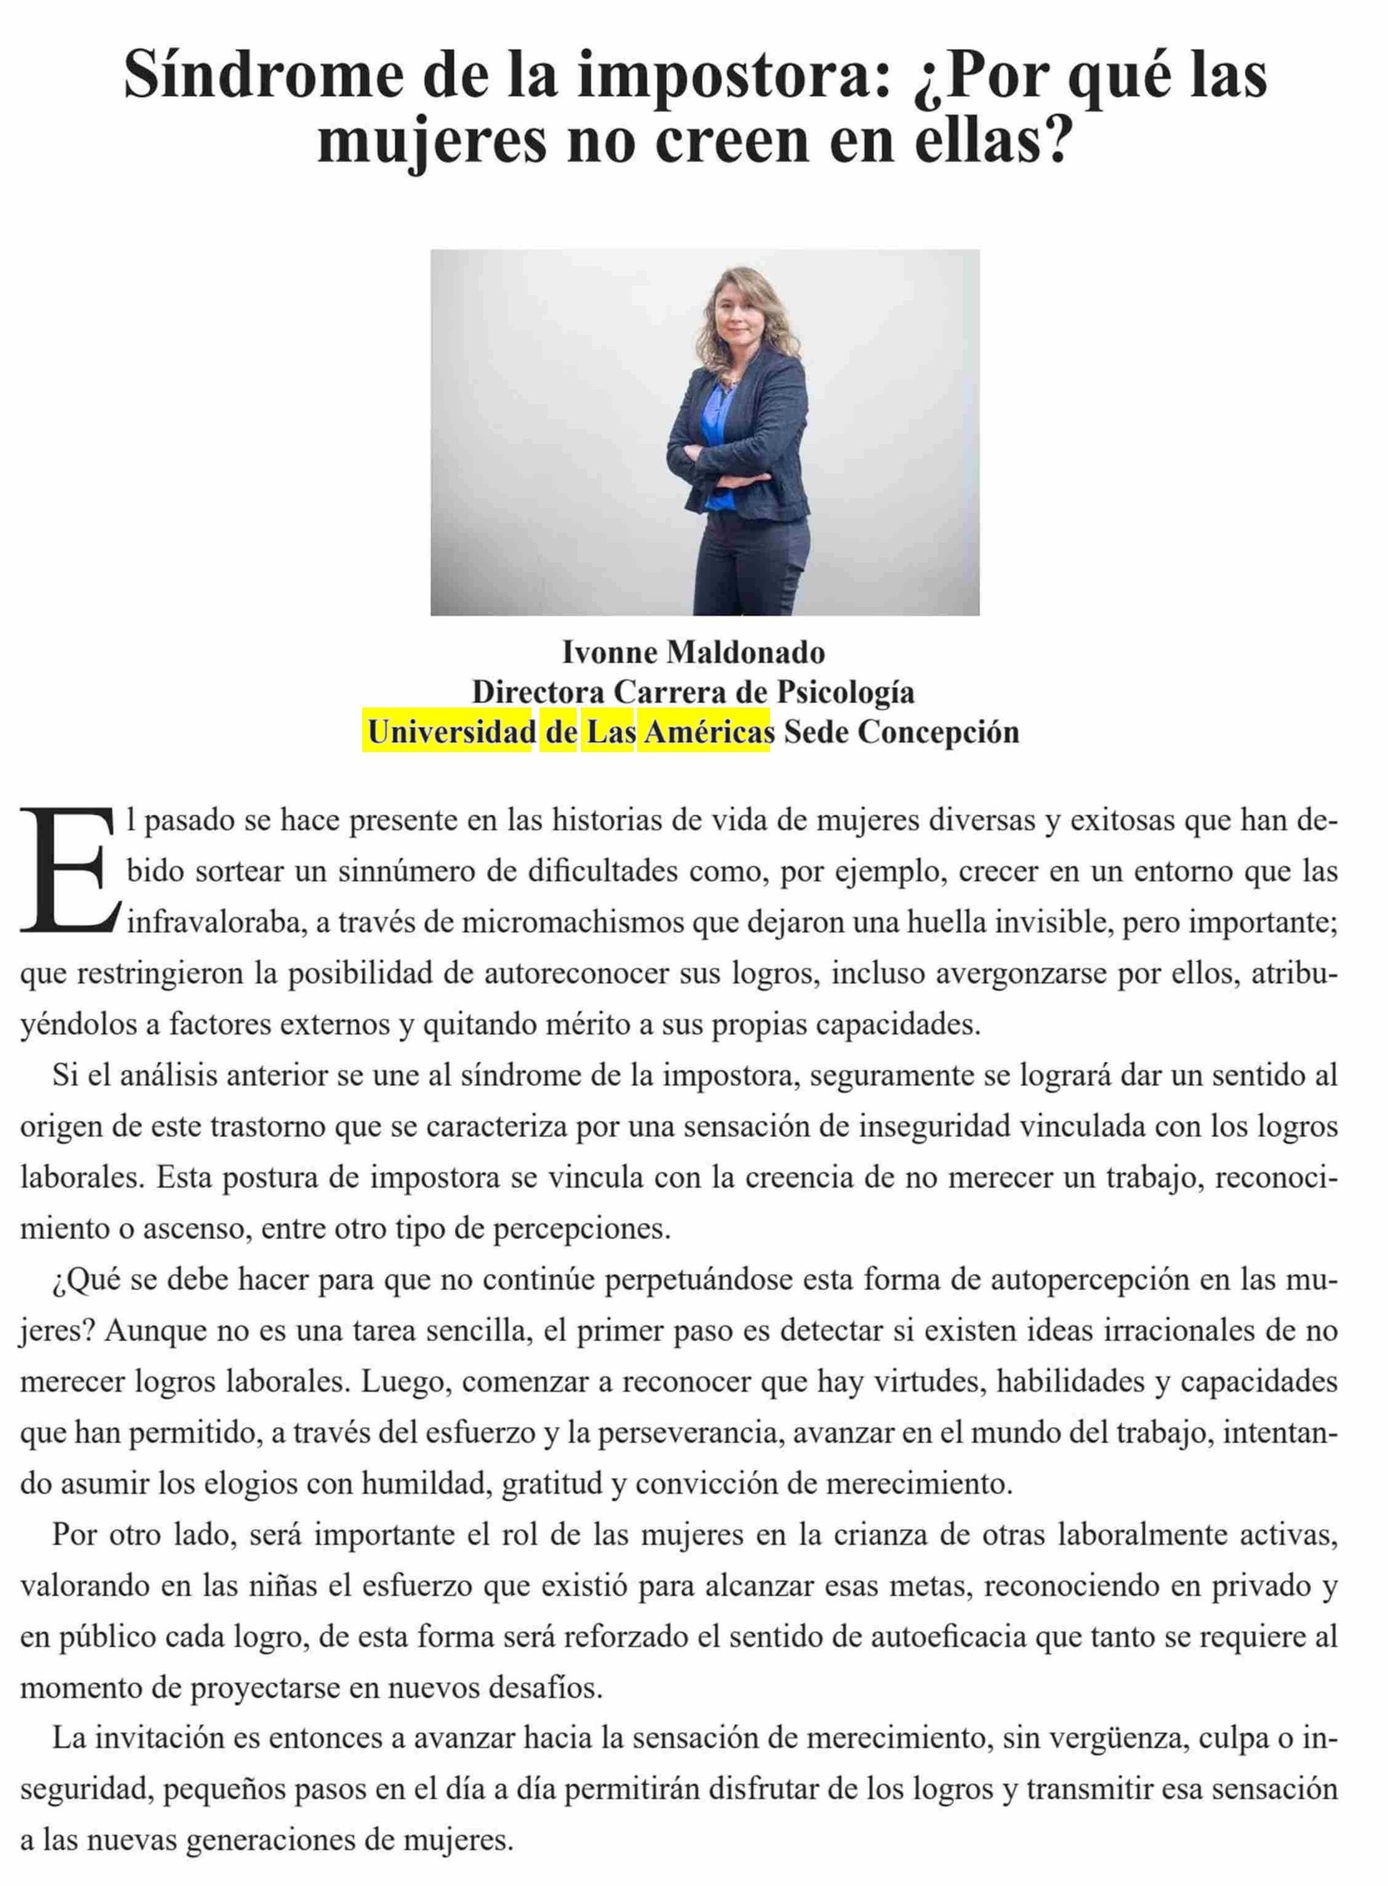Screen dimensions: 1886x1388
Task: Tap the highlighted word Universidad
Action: [451, 732]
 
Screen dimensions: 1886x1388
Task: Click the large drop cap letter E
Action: [67, 870]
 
